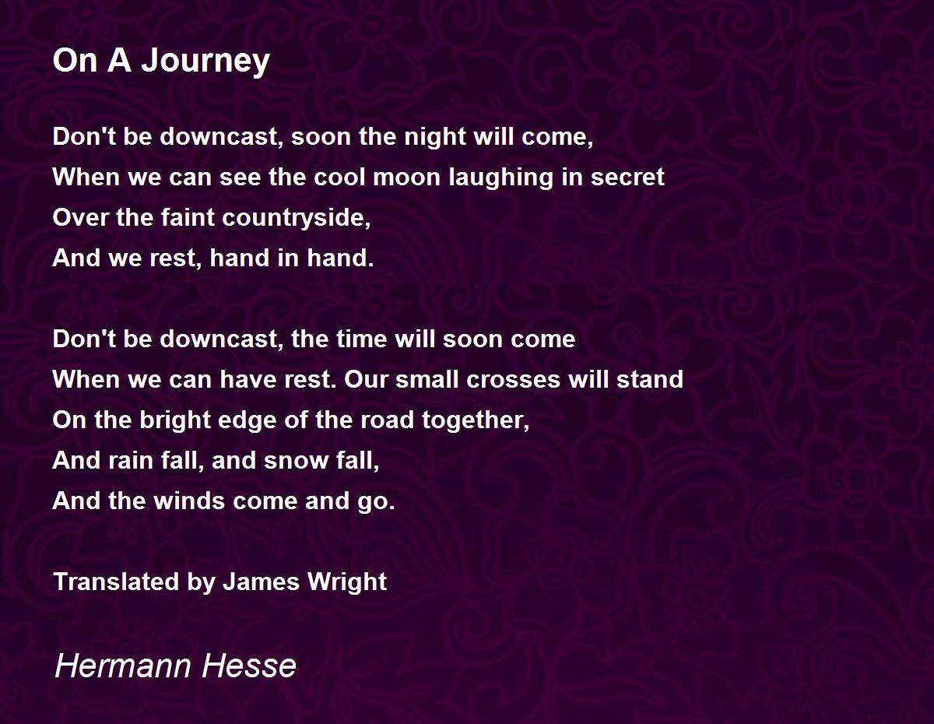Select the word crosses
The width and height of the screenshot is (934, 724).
point(513,380)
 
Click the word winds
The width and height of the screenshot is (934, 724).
point(189,501)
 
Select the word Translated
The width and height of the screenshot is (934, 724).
point(116,582)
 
